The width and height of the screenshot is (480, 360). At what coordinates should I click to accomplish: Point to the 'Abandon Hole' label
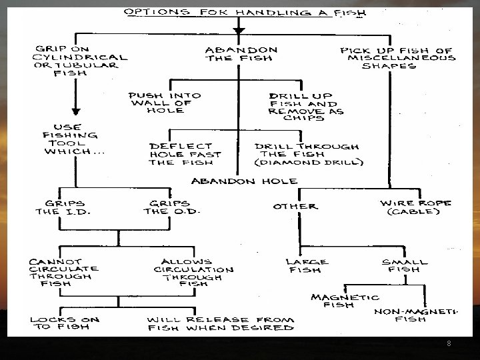point(244,181)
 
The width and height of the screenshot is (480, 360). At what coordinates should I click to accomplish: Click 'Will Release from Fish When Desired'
point(220,323)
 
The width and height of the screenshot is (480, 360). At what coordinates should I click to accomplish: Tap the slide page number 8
point(449,344)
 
